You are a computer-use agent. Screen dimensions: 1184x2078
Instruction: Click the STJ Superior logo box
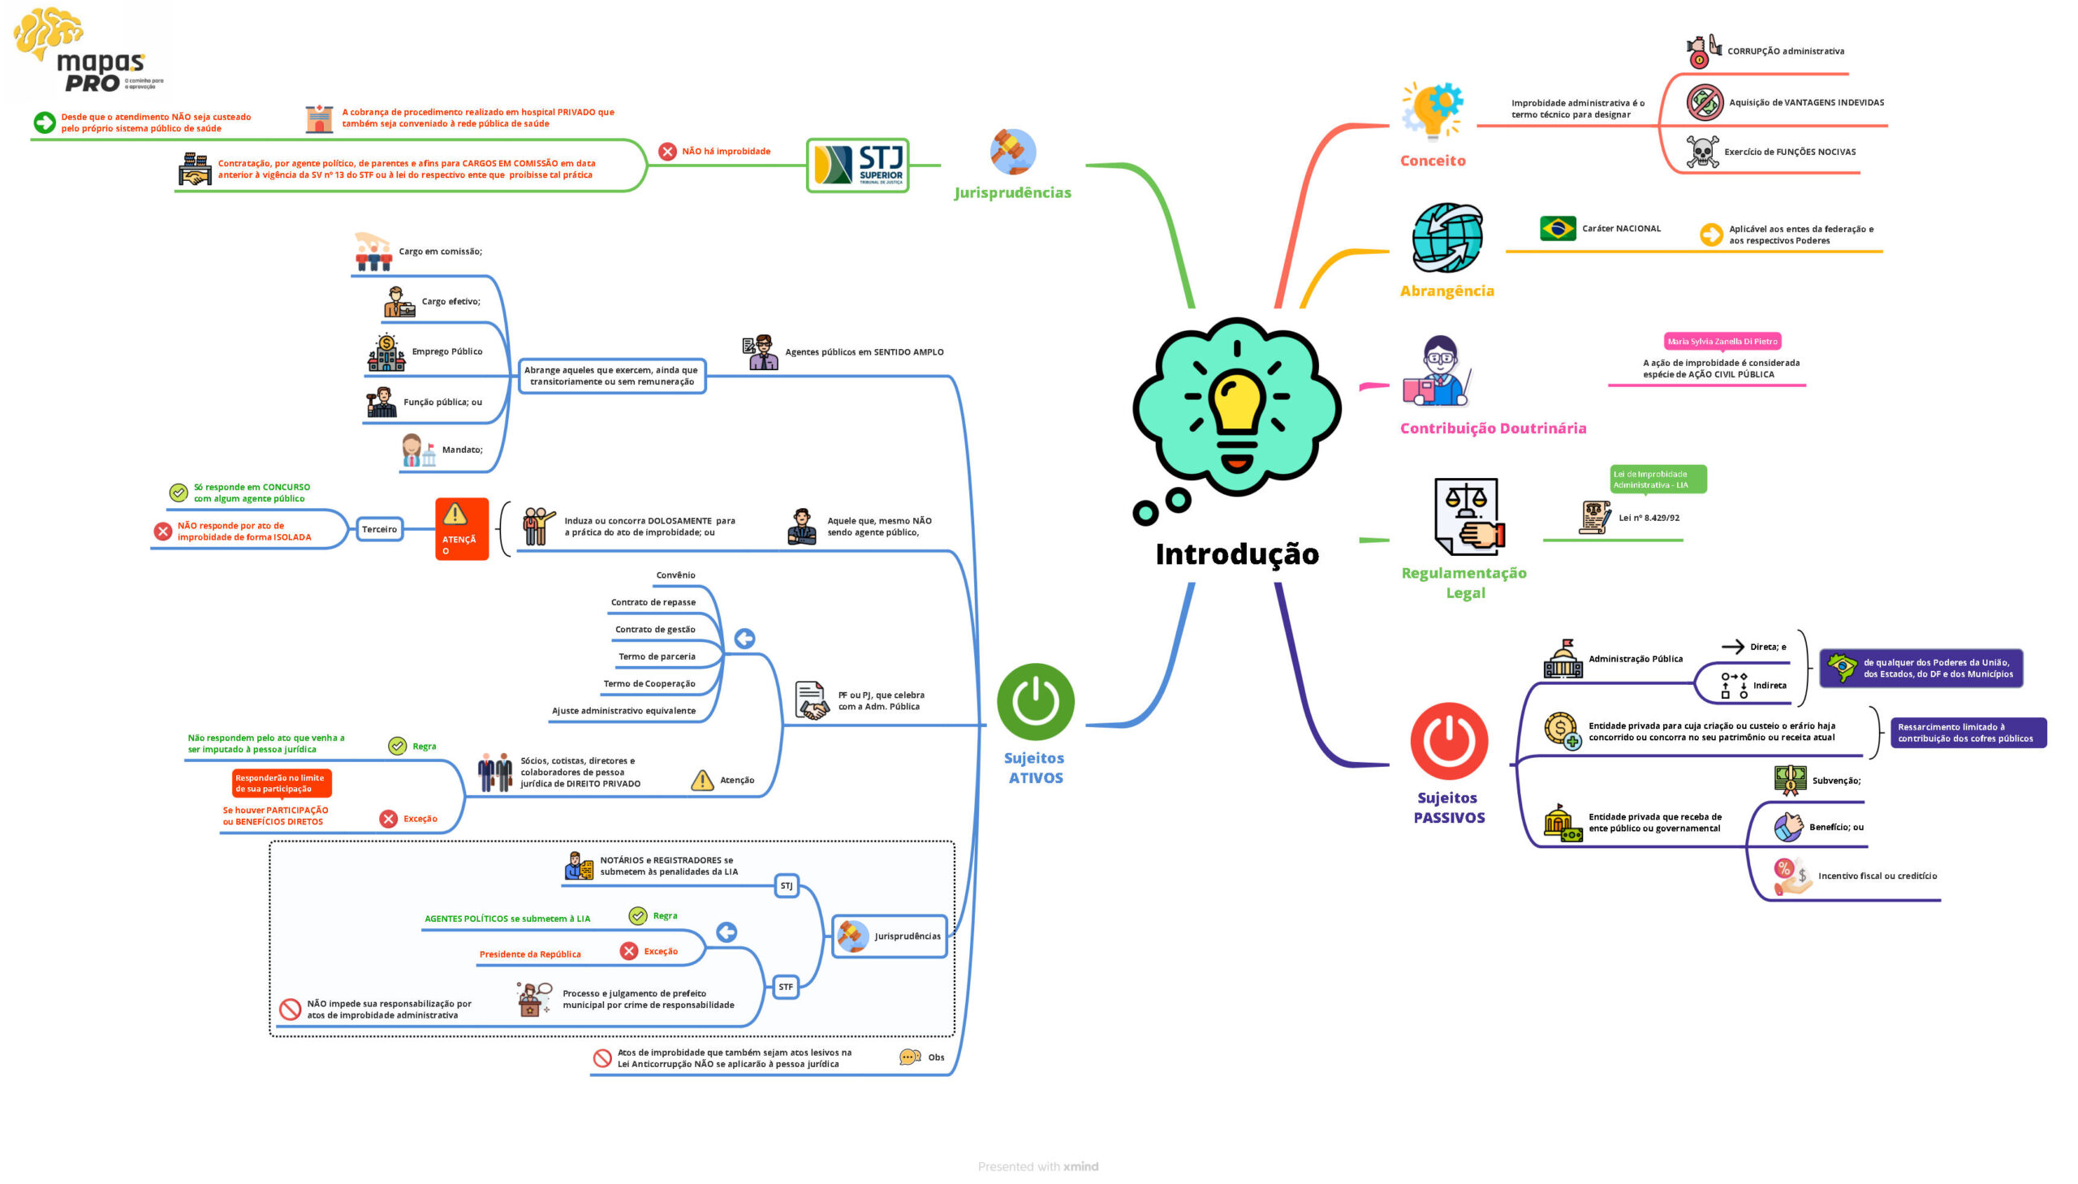pyautogui.click(x=857, y=165)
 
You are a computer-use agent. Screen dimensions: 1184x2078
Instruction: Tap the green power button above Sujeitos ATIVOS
pyautogui.click(x=1034, y=702)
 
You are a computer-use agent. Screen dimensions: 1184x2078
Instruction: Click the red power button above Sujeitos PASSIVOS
pyautogui.click(x=1448, y=741)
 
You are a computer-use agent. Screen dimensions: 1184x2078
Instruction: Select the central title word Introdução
pyautogui.click(x=1236, y=553)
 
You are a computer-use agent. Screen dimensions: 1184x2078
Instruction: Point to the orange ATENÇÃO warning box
pyautogui.click(x=461, y=528)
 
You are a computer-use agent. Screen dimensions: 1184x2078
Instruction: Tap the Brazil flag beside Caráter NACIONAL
pyautogui.click(x=1557, y=229)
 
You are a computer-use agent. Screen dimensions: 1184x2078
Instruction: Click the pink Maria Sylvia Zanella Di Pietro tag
pyautogui.click(x=1722, y=342)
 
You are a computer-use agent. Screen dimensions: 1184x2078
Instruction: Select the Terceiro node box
pyautogui.click(x=379, y=529)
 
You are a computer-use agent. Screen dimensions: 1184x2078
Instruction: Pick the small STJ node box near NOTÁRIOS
pyautogui.click(x=786, y=885)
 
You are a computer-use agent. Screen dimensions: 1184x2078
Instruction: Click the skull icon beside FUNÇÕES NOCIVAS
pyautogui.click(x=1701, y=152)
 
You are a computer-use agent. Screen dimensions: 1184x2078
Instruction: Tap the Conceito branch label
pyautogui.click(x=1432, y=161)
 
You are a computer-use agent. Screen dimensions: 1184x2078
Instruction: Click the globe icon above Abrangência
pyautogui.click(x=1446, y=238)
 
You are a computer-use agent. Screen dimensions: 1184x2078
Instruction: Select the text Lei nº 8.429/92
pyautogui.click(x=1648, y=518)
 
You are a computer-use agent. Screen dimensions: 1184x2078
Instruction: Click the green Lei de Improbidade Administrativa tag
pyautogui.click(x=1657, y=480)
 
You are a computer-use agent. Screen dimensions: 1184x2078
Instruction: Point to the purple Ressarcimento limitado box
pyautogui.click(x=1967, y=733)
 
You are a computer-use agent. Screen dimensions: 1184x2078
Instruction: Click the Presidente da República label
pyautogui.click(x=529, y=954)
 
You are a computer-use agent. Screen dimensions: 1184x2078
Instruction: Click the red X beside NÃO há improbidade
pyautogui.click(x=667, y=151)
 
